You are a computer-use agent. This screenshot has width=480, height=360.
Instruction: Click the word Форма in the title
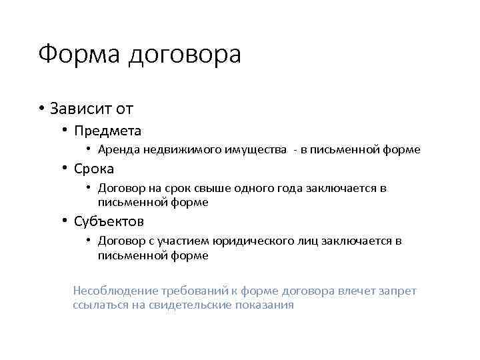(79, 55)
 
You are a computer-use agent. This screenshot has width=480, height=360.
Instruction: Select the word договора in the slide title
(184, 56)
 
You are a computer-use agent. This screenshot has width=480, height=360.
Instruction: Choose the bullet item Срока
(94, 169)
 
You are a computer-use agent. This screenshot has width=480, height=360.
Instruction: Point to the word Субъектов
(109, 221)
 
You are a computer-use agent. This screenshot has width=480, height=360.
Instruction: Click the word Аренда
(117, 150)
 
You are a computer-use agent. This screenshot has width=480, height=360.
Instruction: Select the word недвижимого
(175, 150)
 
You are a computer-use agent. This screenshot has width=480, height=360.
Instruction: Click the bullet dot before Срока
(65, 169)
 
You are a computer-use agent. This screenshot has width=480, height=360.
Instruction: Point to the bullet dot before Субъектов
(65, 221)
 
